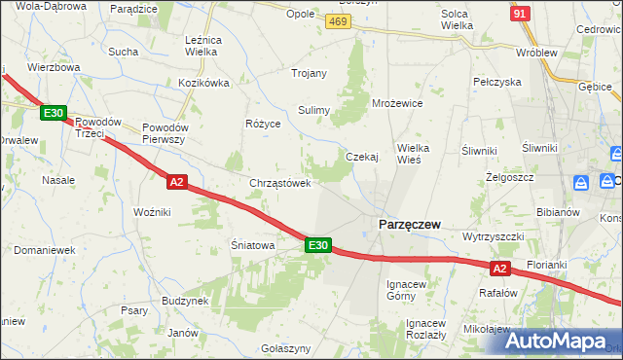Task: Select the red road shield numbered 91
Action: coord(521,14)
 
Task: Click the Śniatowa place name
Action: coord(253,246)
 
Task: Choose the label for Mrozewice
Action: coord(397,102)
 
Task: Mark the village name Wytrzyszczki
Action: coord(495,236)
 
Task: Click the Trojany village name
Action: coord(309,73)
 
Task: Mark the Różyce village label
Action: coord(263,125)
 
